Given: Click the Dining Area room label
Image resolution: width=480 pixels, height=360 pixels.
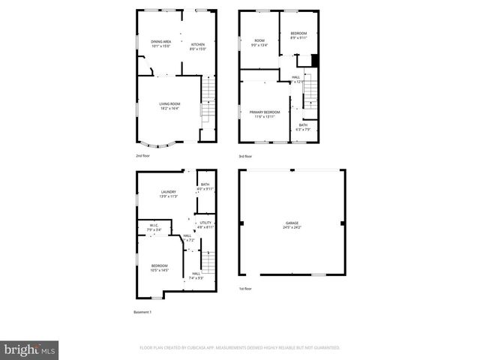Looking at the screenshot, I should point(160,42).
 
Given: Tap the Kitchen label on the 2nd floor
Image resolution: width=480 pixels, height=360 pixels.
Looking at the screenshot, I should point(198,45).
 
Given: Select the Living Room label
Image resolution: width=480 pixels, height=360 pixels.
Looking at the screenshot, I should point(169,104).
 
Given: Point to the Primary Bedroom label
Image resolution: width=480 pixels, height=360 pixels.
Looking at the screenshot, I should point(265,112).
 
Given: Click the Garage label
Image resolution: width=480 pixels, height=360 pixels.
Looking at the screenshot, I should point(292,223).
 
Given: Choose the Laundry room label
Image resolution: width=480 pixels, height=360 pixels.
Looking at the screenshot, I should point(168,192).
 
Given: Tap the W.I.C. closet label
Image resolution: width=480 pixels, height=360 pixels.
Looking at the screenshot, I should point(152,226).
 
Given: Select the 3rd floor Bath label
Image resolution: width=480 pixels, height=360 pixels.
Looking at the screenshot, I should point(303,125).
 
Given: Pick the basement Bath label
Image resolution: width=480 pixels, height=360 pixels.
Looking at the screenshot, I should point(205,184).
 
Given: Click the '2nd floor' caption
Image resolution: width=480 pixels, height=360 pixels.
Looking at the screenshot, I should point(143,156).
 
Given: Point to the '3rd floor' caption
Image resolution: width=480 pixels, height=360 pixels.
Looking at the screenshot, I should point(245,156).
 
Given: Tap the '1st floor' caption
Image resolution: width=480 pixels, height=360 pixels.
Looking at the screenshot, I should point(245,289).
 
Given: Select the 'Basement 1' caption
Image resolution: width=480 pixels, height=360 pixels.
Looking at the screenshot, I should point(142,311).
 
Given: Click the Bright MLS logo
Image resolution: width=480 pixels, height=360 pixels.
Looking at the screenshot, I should point(29,349).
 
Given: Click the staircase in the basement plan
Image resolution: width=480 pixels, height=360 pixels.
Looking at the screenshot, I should point(209,263).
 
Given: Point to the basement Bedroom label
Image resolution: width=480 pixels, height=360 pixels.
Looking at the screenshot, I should point(160,267).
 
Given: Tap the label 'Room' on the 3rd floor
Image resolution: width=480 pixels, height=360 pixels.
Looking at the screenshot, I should point(259,40).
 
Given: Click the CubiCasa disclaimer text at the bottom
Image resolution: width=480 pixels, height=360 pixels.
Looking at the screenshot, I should point(240,348).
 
